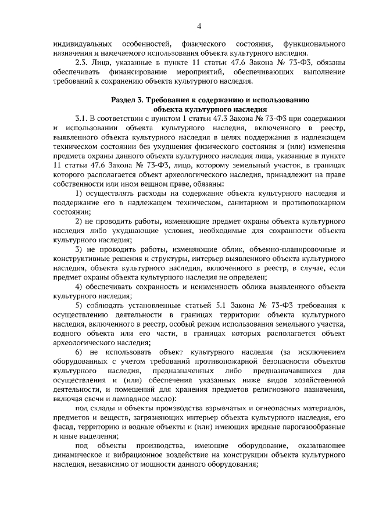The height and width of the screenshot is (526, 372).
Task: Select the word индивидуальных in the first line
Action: [84, 44]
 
